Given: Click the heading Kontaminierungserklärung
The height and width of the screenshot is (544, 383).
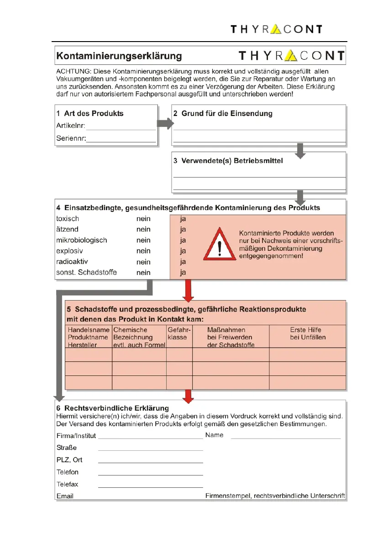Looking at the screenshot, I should pos(119,56).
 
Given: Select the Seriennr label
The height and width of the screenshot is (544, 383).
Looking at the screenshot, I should pos(71,138).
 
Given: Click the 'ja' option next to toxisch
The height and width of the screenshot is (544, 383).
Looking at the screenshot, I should pos(183,218).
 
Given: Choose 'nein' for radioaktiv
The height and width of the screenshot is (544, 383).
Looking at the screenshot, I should pos(143,262).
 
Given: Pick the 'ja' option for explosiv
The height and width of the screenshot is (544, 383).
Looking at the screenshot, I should pos(183,251).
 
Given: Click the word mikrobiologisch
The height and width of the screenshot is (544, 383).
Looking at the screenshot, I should pos(81,240).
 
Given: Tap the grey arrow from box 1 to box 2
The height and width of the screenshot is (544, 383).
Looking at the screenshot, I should pos(165,124).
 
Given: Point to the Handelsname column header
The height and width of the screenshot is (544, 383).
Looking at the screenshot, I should pos(89,337).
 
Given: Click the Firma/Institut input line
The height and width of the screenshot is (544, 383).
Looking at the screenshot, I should pos(150,437).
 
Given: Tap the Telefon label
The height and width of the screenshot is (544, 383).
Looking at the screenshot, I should pos(68,472).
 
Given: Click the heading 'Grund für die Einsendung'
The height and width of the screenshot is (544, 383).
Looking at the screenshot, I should pos(226,113).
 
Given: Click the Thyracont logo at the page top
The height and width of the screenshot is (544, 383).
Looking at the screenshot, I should pos(276,29).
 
